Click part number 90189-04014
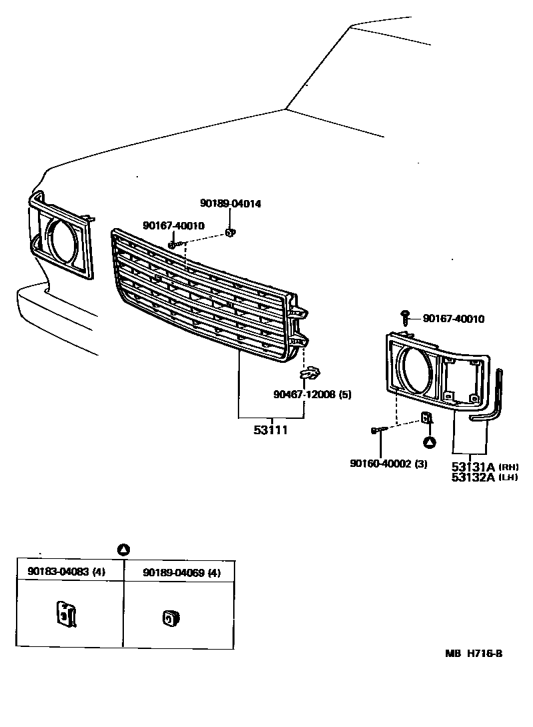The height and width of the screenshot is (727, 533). tap(231, 203)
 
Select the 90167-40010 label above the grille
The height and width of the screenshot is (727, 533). tap(173, 225)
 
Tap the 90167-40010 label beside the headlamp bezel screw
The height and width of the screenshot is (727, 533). tap(453, 319)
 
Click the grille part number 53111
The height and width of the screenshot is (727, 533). tap(270, 430)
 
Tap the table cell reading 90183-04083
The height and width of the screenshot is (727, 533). tap(66, 572)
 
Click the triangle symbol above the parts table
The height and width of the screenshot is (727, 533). tap(123, 550)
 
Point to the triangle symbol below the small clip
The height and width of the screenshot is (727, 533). tap(430, 442)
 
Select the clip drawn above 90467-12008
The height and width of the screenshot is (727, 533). tap(311, 374)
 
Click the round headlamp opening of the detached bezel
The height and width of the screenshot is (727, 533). tap(416, 368)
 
